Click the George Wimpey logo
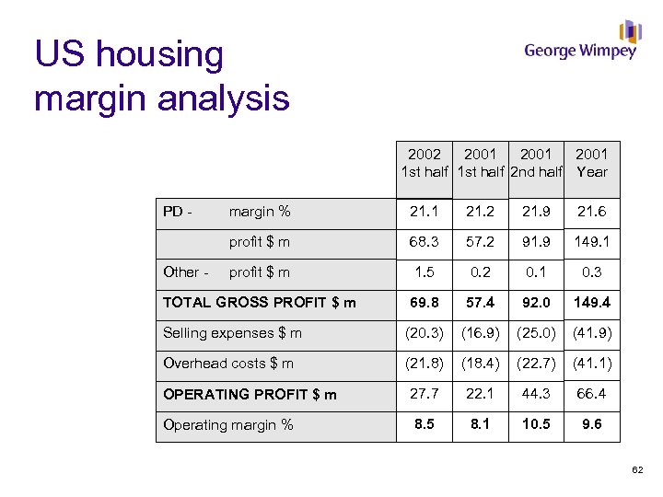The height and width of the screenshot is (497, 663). click(x=581, y=42)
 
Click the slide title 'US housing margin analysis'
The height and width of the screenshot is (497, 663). click(x=161, y=76)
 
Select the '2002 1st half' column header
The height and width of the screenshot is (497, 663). click(x=425, y=163)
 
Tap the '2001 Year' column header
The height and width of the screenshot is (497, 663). click(x=591, y=163)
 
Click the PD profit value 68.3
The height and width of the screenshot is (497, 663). click(x=425, y=242)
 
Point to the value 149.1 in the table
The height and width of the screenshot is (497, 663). click(x=592, y=242)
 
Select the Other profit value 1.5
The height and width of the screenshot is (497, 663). click(x=425, y=272)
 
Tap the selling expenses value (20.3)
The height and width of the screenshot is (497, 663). click(x=425, y=333)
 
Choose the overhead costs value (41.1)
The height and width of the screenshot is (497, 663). click(x=592, y=364)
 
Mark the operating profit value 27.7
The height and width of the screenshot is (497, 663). click(x=425, y=394)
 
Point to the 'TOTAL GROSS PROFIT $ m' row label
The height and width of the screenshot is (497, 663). click(x=259, y=303)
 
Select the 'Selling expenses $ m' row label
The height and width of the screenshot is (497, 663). click(x=232, y=333)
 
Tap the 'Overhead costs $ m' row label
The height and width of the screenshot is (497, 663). click(x=228, y=364)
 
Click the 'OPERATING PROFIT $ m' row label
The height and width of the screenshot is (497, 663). click(x=250, y=394)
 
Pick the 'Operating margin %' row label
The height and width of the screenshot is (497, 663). click(x=227, y=424)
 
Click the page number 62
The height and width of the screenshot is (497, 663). click(x=638, y=472)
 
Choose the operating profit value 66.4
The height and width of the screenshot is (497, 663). click(x=592, y=394)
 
